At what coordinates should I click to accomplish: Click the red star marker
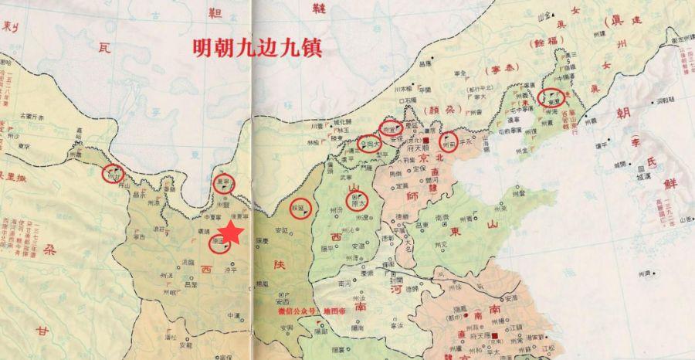coord(232,234)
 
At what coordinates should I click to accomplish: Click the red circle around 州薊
coord(451,142)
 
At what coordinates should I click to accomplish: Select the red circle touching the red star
coord(220,243)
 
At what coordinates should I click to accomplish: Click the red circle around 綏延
coord(301,207)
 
